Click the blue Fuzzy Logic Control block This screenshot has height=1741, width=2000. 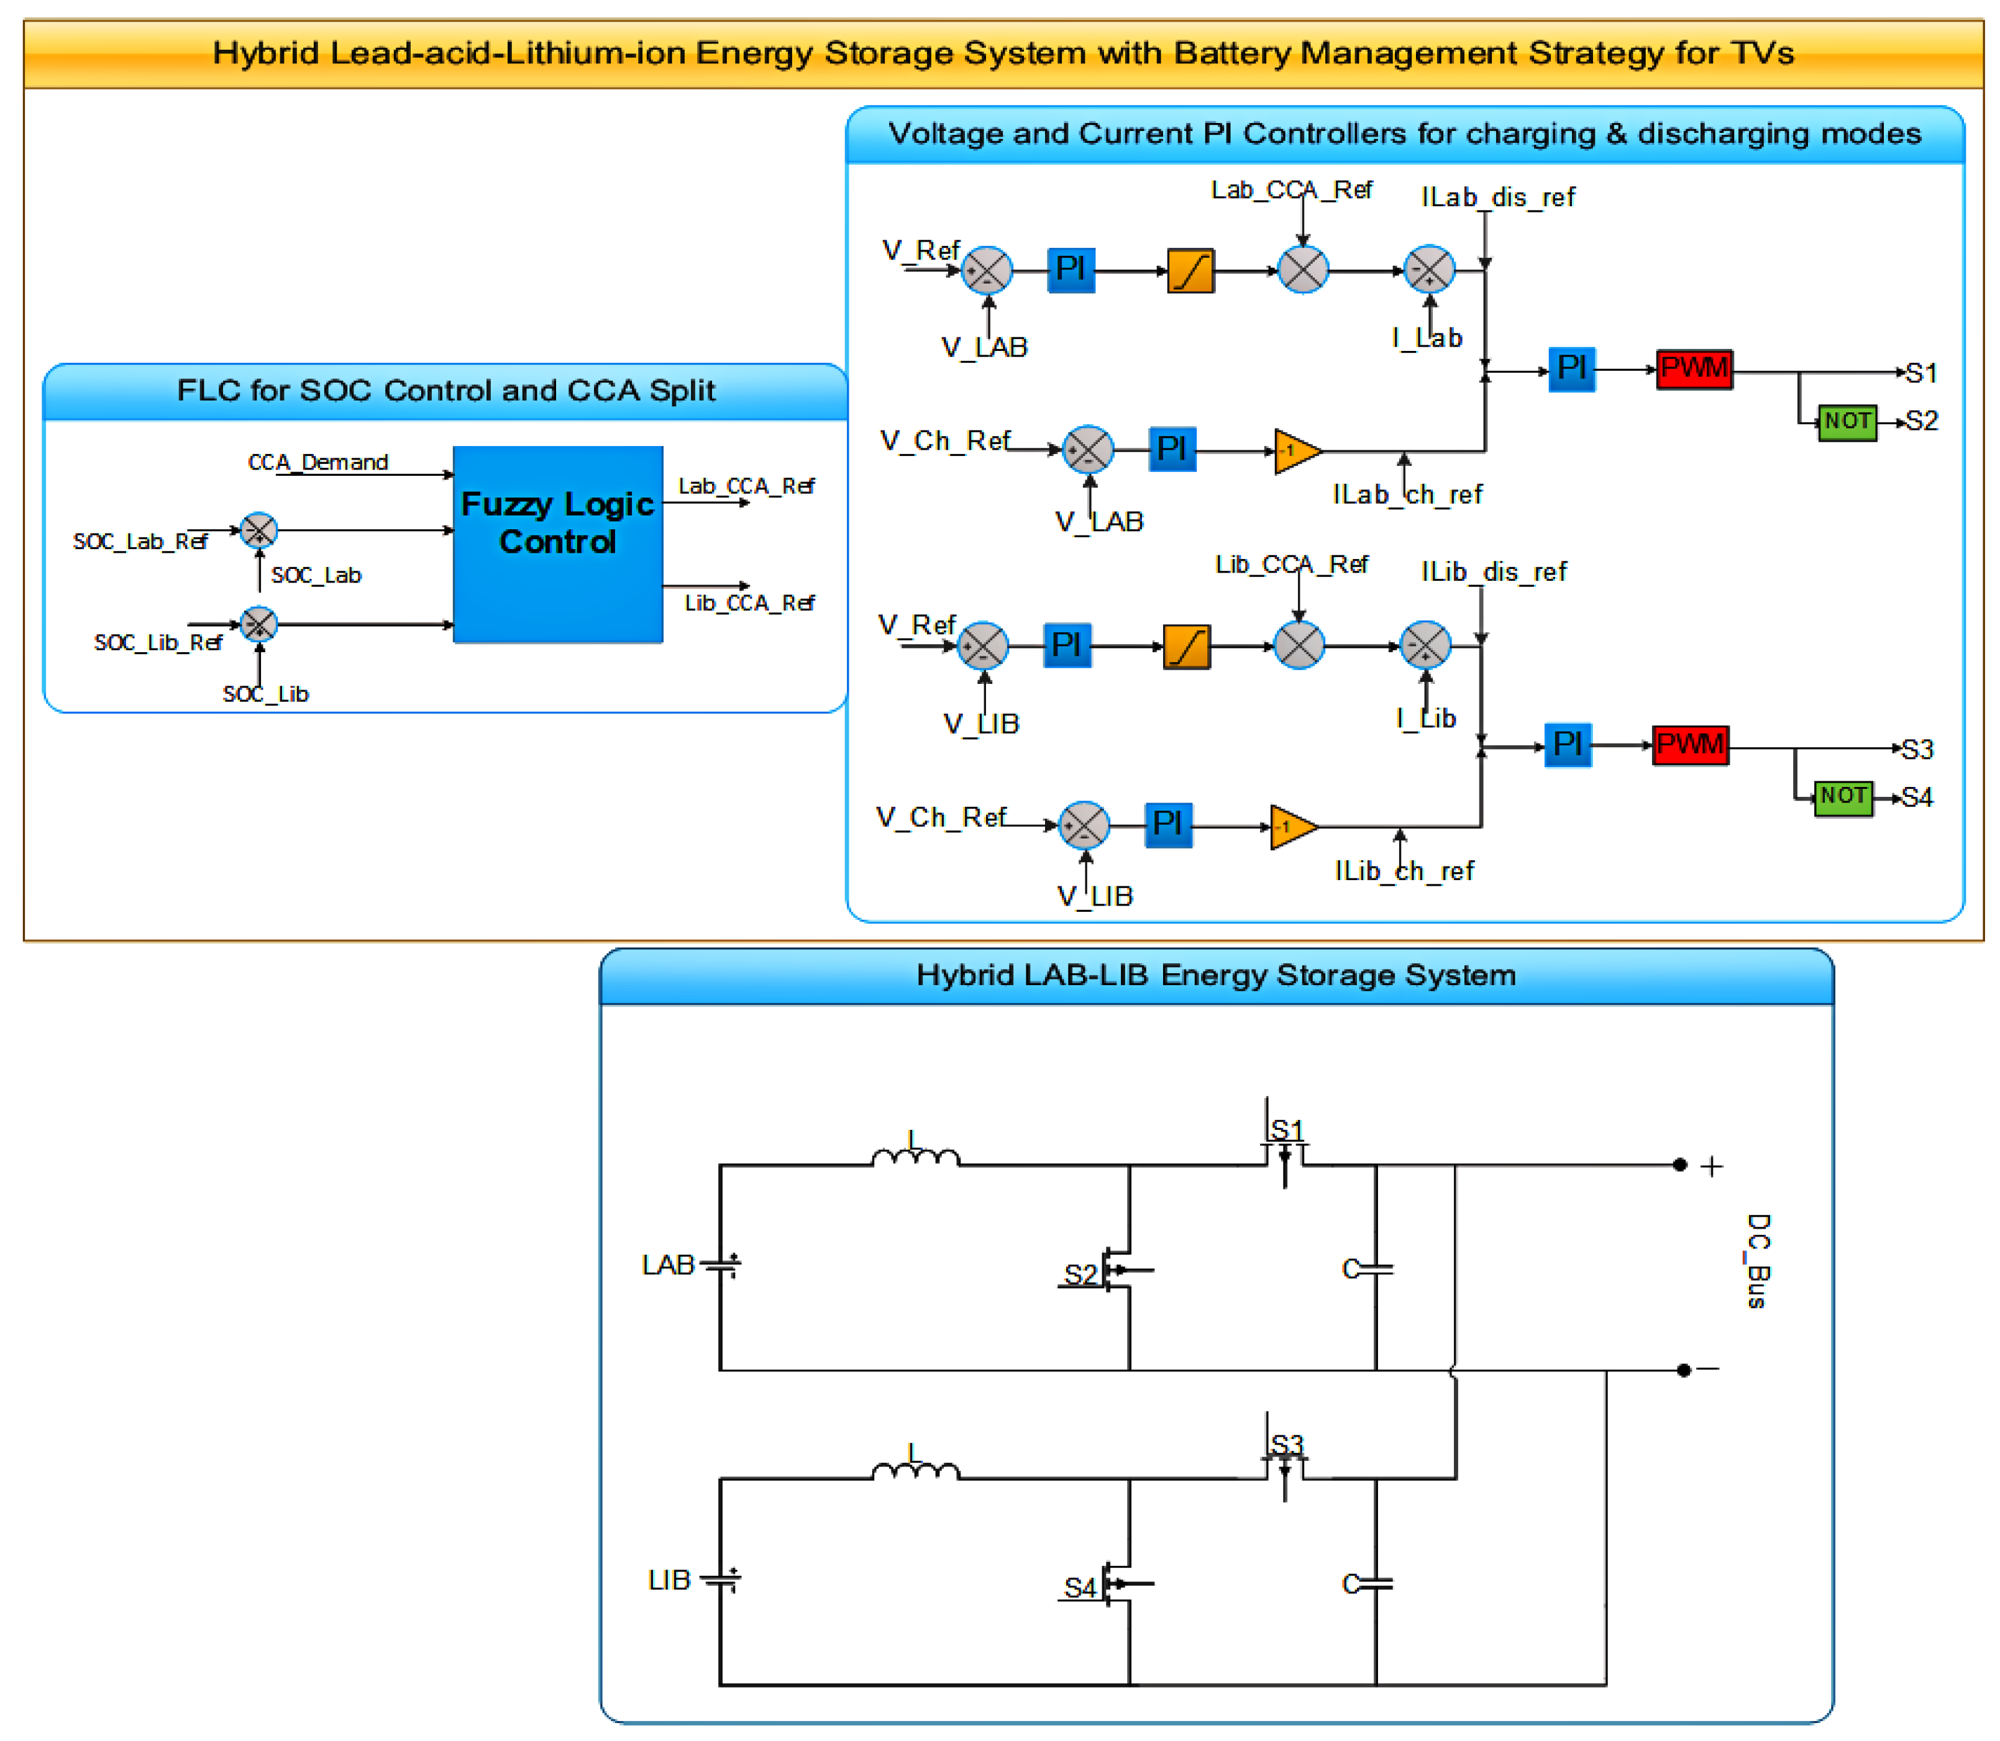tap(558, 544)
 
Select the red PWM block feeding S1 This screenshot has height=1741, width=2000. tap(1694, 369)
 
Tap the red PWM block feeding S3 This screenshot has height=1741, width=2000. tap(1690, 745)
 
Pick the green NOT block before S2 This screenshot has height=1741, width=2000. tap(1847, 422)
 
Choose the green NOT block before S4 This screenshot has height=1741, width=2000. tap(1843, 798)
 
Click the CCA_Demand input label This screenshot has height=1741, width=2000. tap(317, 463)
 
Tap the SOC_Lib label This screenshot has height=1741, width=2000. tap(265, 694)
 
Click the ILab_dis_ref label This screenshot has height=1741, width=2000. tap(1497, 198)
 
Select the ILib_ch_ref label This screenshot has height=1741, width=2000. tap(1404, 871)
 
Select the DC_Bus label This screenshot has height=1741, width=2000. tap(1757, 1261)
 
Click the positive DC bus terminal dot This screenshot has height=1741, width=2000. tap(1679, 1164)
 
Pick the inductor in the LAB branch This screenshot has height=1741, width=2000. tap(915, 1156)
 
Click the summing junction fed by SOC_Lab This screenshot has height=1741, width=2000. tap(258, 530)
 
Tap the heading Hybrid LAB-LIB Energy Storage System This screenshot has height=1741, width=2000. tap(1216, 975)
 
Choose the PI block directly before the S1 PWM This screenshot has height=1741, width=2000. tap(1571, 369)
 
